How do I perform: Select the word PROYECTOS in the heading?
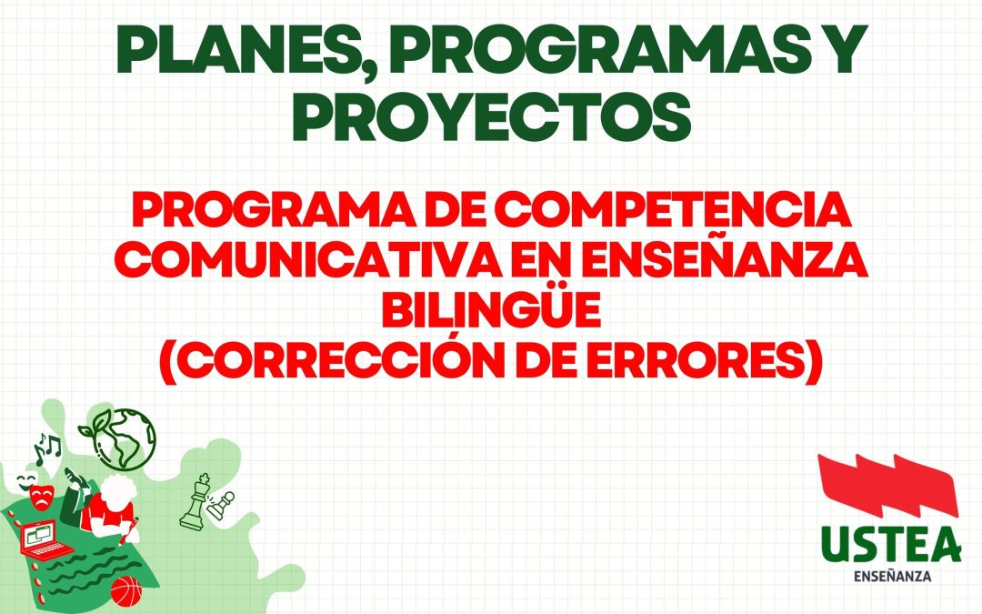point(491,119)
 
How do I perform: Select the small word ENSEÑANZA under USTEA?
point(890,576)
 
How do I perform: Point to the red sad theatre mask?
point(42,497)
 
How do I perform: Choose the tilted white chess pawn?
point(221,505)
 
